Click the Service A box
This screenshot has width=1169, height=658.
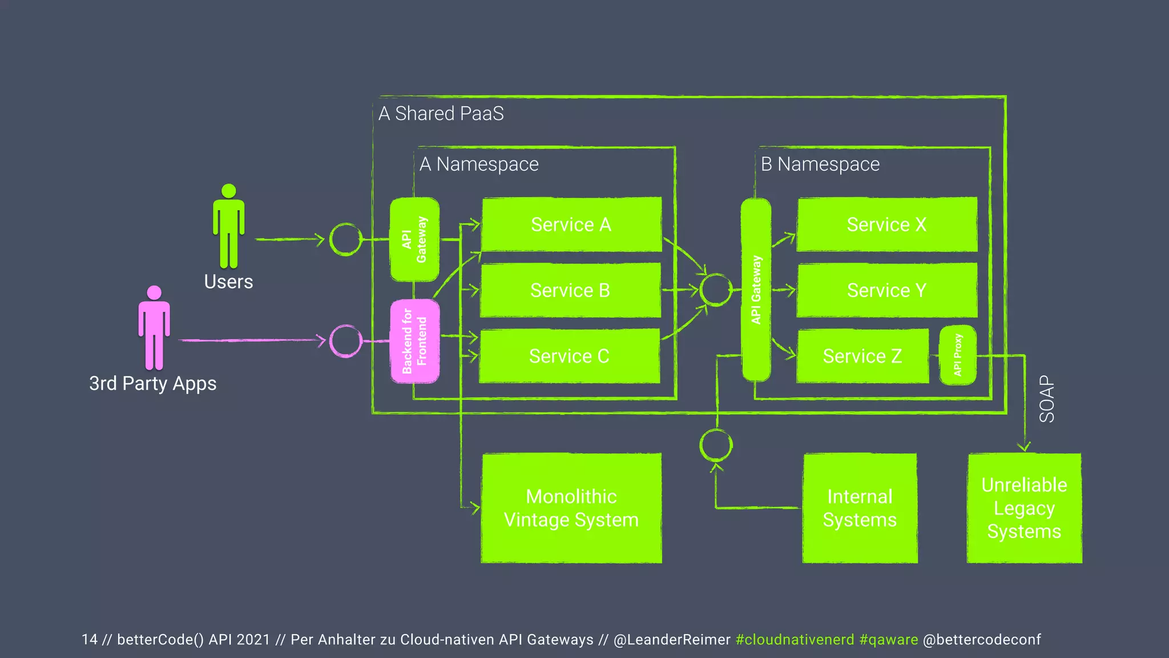click(x=571, y=224)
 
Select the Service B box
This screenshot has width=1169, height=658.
click(x=570, y=290)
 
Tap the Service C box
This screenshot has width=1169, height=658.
click(x=569, y=356)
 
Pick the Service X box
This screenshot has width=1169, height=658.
click(x=886, y=224)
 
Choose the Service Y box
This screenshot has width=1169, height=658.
click(x=886, y=290)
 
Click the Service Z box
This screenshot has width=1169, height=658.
click(x=862, y=356)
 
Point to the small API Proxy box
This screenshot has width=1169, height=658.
click(x=957, y=355)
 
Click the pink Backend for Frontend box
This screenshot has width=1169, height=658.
click(x=414, y=341)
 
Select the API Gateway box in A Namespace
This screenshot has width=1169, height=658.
click(x=414, y=239)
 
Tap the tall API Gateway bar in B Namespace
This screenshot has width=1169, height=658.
click(x=756, y=290)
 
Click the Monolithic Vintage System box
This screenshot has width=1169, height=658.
click(x=571, y=508)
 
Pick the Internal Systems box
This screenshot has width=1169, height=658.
click(x=860, y=508)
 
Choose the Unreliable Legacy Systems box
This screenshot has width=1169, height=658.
click(x=1024, y=508)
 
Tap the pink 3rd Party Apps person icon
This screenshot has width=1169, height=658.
click(x=154, y=328)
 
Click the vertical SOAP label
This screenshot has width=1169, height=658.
click(x=1047, y=399)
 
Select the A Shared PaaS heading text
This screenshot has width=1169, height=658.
click(x=441, y=114)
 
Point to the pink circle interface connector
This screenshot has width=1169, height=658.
click(x=346, y=341)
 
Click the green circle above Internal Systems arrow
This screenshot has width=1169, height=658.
click(x=716, y=446)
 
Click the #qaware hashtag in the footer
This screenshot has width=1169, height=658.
click(x=889, y=640)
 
